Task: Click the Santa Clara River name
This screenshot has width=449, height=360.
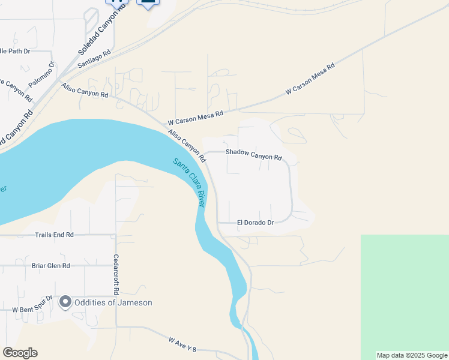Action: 189,182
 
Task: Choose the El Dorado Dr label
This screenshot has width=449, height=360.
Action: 255,223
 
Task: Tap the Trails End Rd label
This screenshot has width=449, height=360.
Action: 54,235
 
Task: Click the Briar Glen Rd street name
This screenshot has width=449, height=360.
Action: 50,265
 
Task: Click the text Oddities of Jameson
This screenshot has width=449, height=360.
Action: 113,302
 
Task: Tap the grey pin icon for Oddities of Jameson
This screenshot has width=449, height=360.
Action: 65,302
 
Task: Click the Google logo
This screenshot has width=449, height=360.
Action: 20,353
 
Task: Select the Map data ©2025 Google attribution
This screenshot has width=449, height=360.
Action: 412,355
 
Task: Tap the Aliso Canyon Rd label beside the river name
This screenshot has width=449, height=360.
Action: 187,146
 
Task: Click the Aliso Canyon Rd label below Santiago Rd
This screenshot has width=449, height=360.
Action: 85,91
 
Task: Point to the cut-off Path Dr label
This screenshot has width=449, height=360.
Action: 14,51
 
